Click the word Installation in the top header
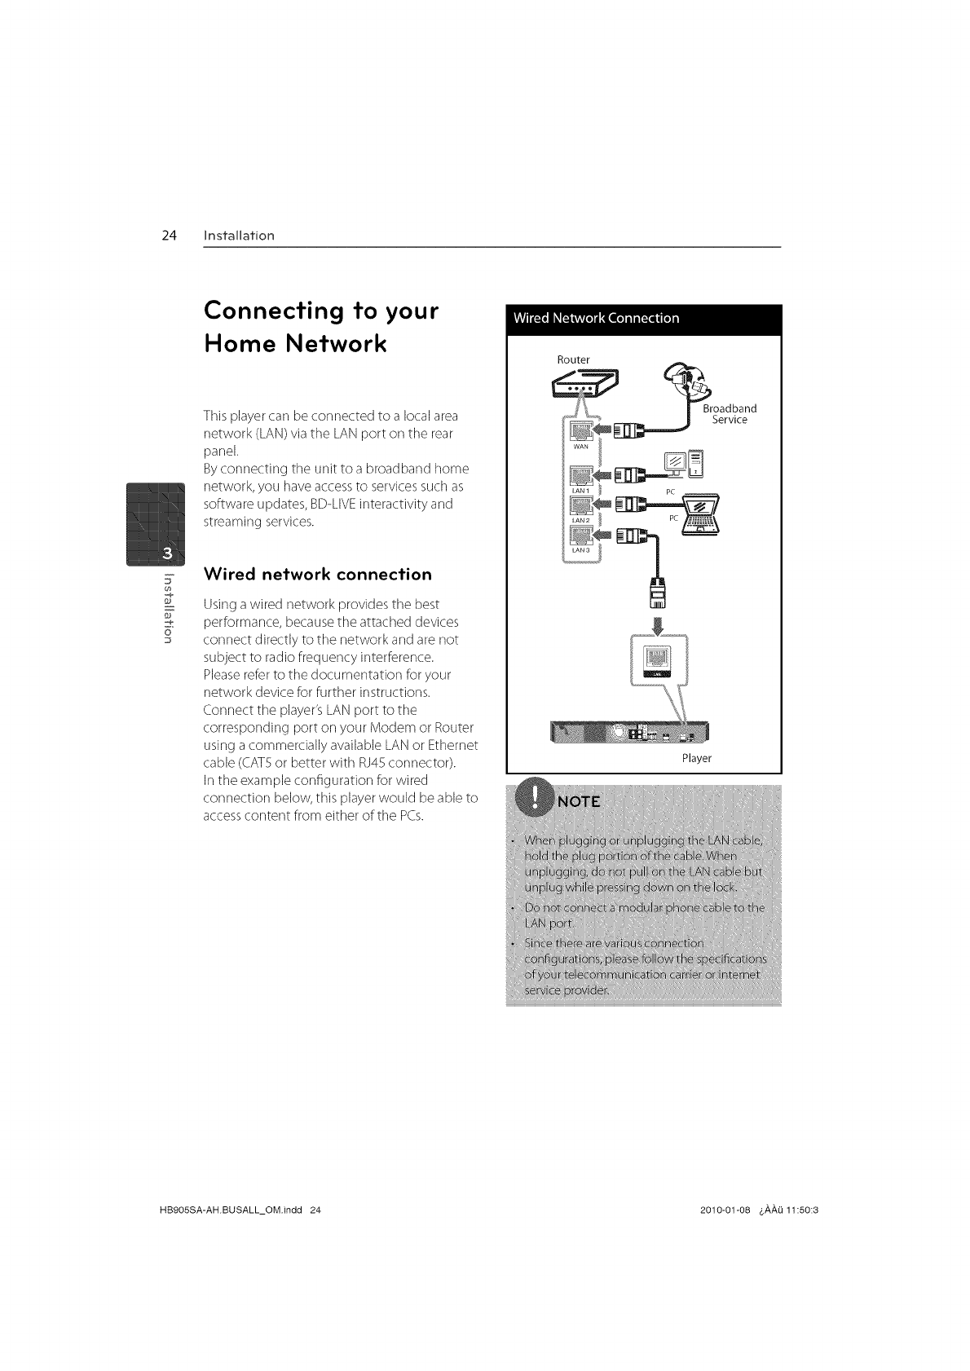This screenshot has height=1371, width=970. [239, 236]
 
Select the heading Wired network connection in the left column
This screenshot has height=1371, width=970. [318, 575]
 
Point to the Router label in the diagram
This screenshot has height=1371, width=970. [573, 359]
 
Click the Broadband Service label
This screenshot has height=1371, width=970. [730, 414]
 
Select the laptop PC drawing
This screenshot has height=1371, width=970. [700, 514]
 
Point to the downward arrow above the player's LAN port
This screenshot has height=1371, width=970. [657, 624]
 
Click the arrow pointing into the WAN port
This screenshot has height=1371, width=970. [603, 430]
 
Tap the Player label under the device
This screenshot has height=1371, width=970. [697, 758]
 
